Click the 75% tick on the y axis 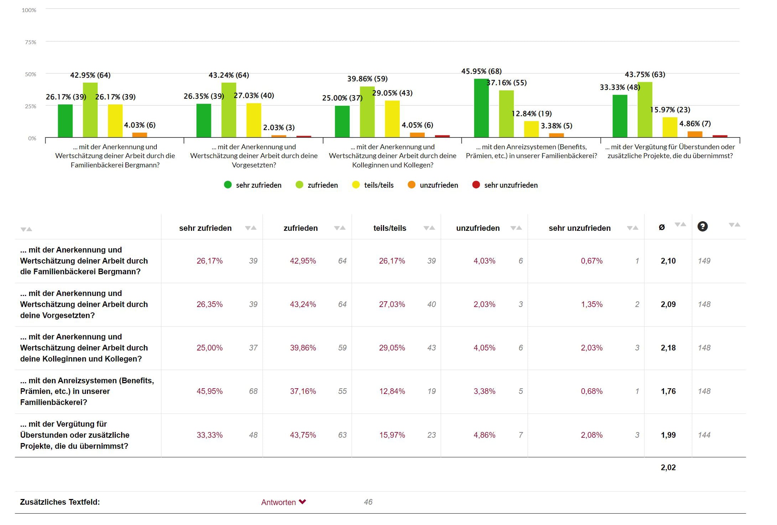point(31,42)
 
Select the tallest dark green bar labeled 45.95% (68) point(481,108)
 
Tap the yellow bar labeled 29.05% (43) point(392,119)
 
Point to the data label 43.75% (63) point(645,75)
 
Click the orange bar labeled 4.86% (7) point(695,134)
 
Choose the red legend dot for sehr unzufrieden point(476,185)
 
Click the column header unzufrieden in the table point(478,228)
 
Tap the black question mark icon point(702,227)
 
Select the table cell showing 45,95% point(209,391)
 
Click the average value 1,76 point(668,391)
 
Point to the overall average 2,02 point(668,468)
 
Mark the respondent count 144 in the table point(704,435)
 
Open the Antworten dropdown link point(283,502)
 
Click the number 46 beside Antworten point(368,502)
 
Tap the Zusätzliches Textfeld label point(60,502)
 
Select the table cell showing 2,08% point(591,435)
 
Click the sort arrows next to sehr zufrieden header point(251,228)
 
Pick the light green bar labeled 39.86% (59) point(367,112)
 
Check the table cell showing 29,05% point(392,348)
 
